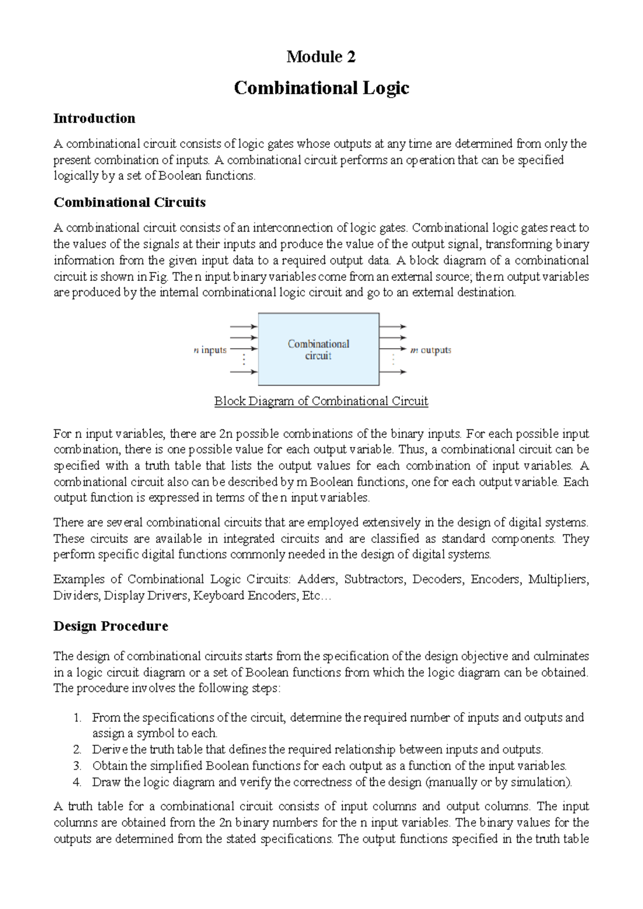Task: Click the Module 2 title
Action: pyautogui.click(x=321, y=57)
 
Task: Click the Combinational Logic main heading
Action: pyautogui.click(x=322, y=88)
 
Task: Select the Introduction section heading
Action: pyautogui.click(x=94, y=118)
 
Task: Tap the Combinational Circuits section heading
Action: pyautogui.click(x=130, y=203)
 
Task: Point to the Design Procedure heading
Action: pyautogui.click(x=111, y=627)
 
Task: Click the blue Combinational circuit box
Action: pyautogui.click(x=319, y=349)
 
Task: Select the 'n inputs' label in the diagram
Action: pyautogui.click(x=210, y=350)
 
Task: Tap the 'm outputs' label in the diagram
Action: pyautogui.click(x=431, y=350)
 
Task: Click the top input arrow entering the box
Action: pyautogui.click(x=244, y=326)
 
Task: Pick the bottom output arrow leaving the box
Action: pyautogui.click(x=393, y=372)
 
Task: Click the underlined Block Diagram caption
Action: pyautogui.click(x=321, y=401)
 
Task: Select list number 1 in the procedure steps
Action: pyautogui.click(x=78, y=718)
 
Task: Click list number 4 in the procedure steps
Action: pyautogui.click(x=78, y=782)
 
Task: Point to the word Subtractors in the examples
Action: pyautogui.click(x=374, y=579)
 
